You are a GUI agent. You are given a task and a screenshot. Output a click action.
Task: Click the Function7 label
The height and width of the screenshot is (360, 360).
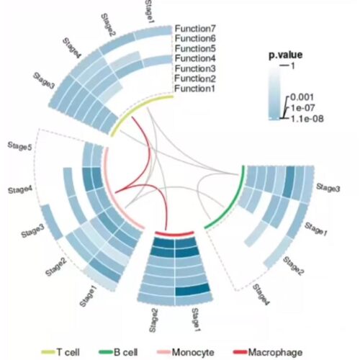coord(195,29)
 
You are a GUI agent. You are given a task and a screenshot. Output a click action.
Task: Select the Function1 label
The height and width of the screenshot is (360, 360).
coord(194,89)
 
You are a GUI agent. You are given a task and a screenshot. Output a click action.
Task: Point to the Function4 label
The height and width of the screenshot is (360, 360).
coord(195,58)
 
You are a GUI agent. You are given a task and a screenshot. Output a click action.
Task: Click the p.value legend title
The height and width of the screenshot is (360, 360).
coord(285,55)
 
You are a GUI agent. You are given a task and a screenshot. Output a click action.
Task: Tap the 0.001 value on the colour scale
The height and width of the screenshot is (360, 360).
coord(302,97)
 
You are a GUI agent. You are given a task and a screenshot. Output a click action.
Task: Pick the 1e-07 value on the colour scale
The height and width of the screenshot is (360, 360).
coord(303,108)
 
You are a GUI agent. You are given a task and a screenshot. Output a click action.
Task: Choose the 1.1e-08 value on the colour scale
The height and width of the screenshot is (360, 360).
coord(307,118)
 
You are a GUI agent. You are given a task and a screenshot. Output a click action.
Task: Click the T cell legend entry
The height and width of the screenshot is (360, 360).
coord(60,352)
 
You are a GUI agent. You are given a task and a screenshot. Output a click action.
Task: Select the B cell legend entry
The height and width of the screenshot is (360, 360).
coord(119,352)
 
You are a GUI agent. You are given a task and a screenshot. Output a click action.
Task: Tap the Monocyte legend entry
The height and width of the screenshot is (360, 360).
coord(186,352)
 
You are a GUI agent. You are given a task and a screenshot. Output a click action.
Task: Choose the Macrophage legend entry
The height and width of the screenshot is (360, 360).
coord(268,352)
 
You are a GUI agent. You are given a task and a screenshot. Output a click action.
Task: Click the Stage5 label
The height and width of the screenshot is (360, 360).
coord(19,146)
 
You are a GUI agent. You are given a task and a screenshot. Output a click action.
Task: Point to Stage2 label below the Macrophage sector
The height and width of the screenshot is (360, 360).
coord(153,320)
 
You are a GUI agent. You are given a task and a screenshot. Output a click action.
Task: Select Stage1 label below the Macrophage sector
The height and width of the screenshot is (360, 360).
coord(196,320)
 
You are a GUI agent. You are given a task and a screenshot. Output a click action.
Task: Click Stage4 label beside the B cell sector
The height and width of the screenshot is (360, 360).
coord(260,295)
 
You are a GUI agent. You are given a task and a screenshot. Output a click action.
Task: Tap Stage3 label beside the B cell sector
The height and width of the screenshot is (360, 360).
coord(328,188)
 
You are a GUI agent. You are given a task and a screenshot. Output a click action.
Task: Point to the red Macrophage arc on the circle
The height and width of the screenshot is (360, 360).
coord(174,234)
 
